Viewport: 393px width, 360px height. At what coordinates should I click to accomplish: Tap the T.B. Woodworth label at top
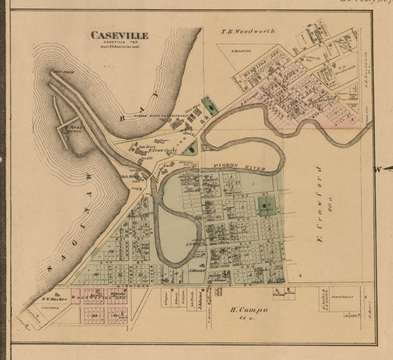(248, 31)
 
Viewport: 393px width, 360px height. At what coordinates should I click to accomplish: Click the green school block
(265, 207)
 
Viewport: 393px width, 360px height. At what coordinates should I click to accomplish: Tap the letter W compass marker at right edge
(378, 169)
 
